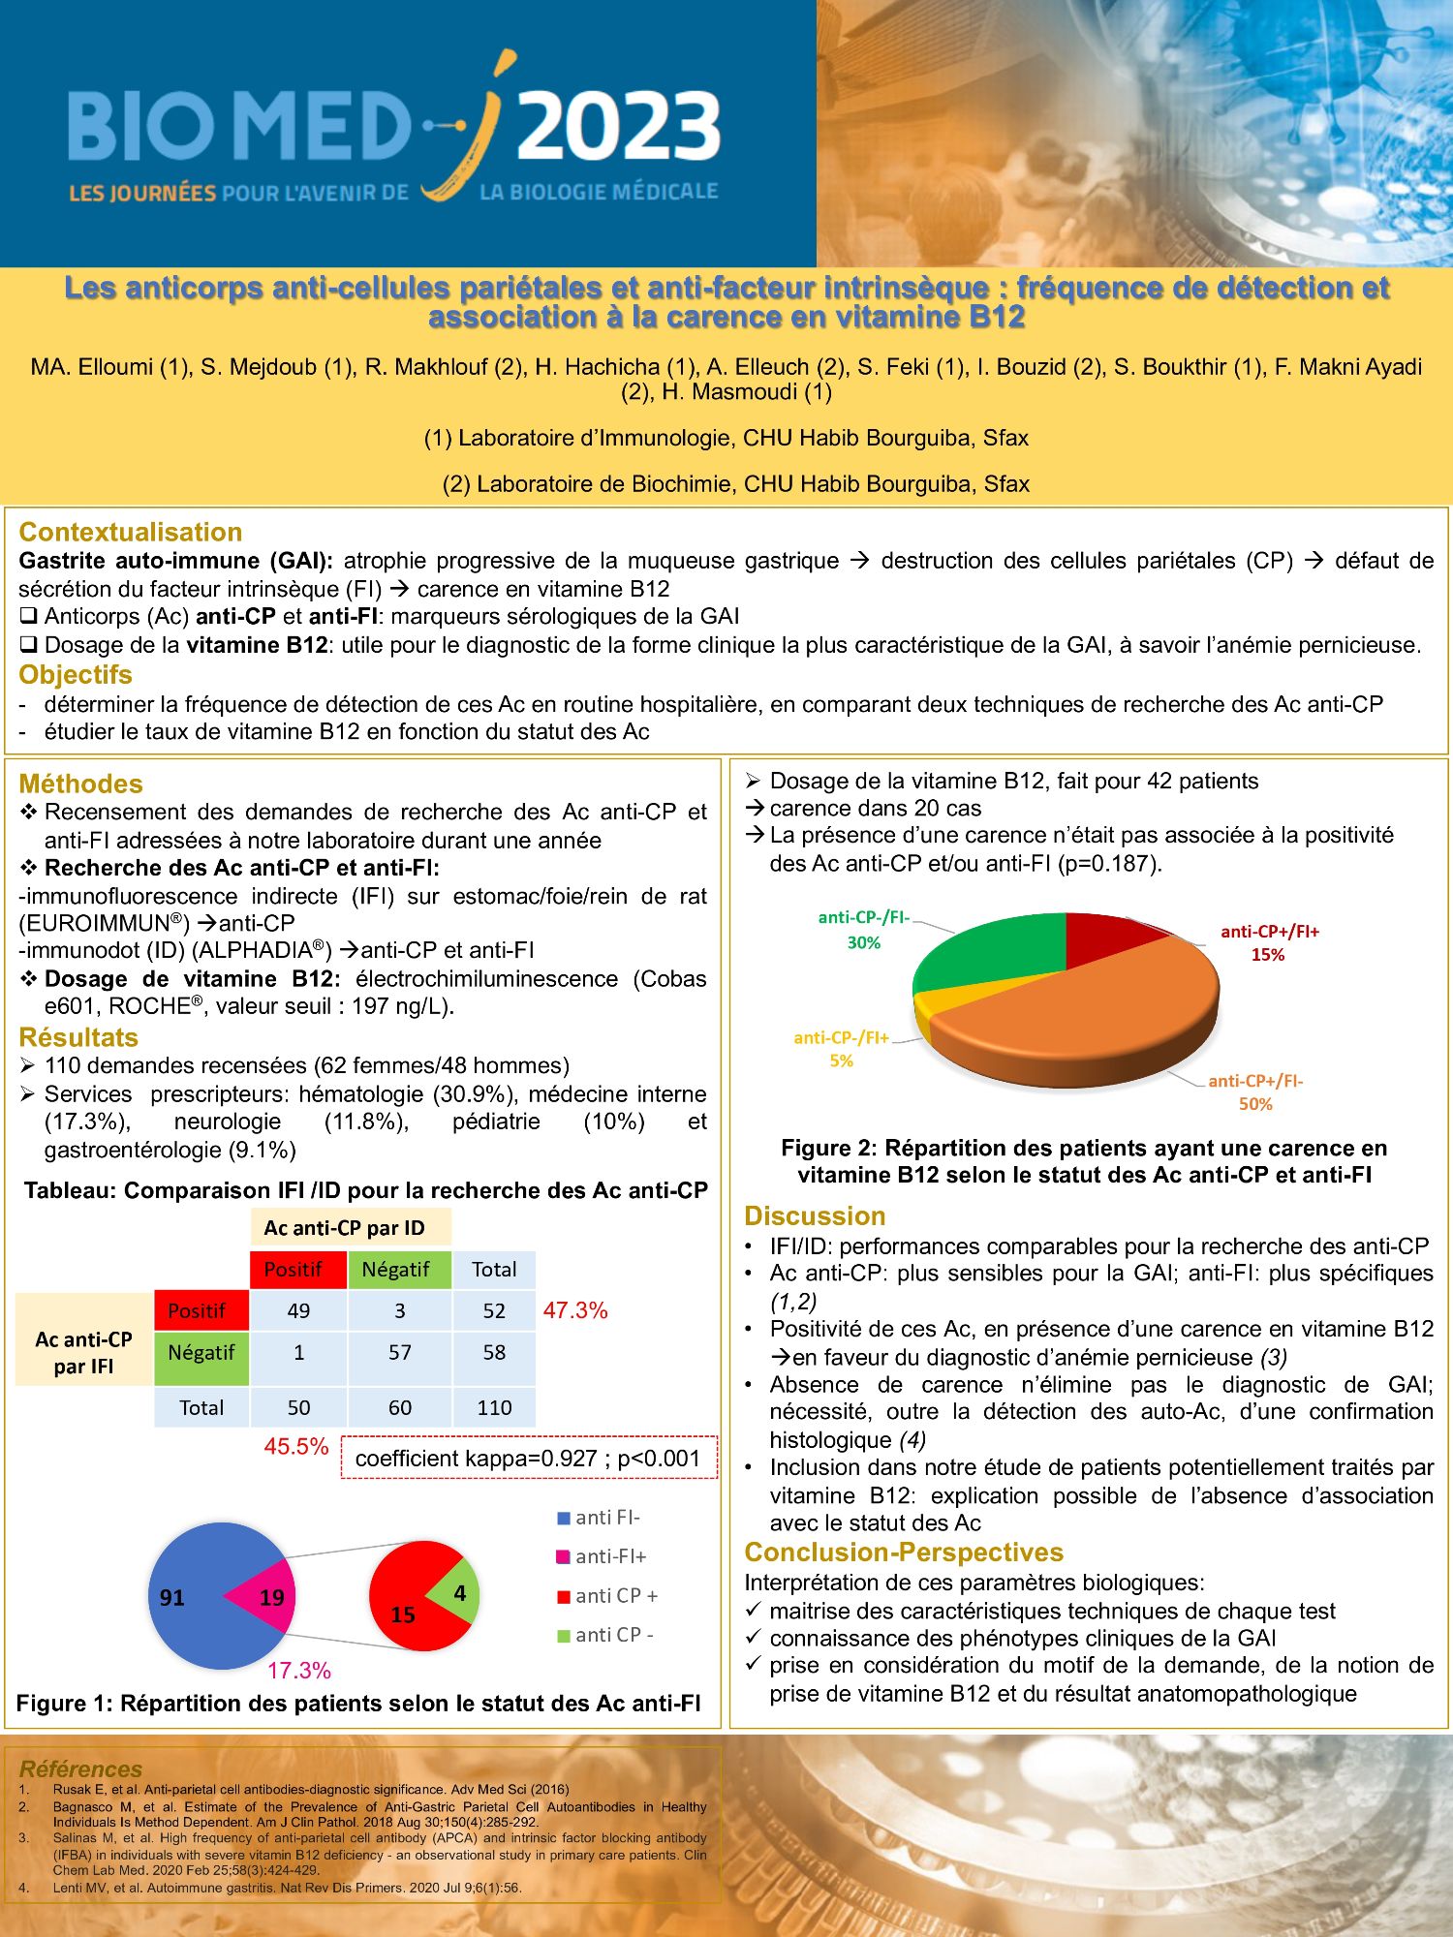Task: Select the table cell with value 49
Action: [298, 1310]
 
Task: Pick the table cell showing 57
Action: [399, 1352]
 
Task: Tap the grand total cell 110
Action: [494, 1407]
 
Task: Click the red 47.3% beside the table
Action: [575, 1310]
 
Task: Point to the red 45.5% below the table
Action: [296, 1446]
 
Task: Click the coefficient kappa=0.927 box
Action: [528, 1458]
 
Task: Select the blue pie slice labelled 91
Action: [184, 1598]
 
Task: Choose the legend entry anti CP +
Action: [607, 1595]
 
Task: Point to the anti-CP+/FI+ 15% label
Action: [1269, 942]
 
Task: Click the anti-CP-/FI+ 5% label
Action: [841, 1049]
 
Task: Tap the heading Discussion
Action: [815, 1215]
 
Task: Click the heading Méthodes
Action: [80, 784]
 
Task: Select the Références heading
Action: [80, 1768]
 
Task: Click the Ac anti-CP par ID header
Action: [344, 1227]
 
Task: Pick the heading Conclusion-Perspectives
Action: [903, 1552]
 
